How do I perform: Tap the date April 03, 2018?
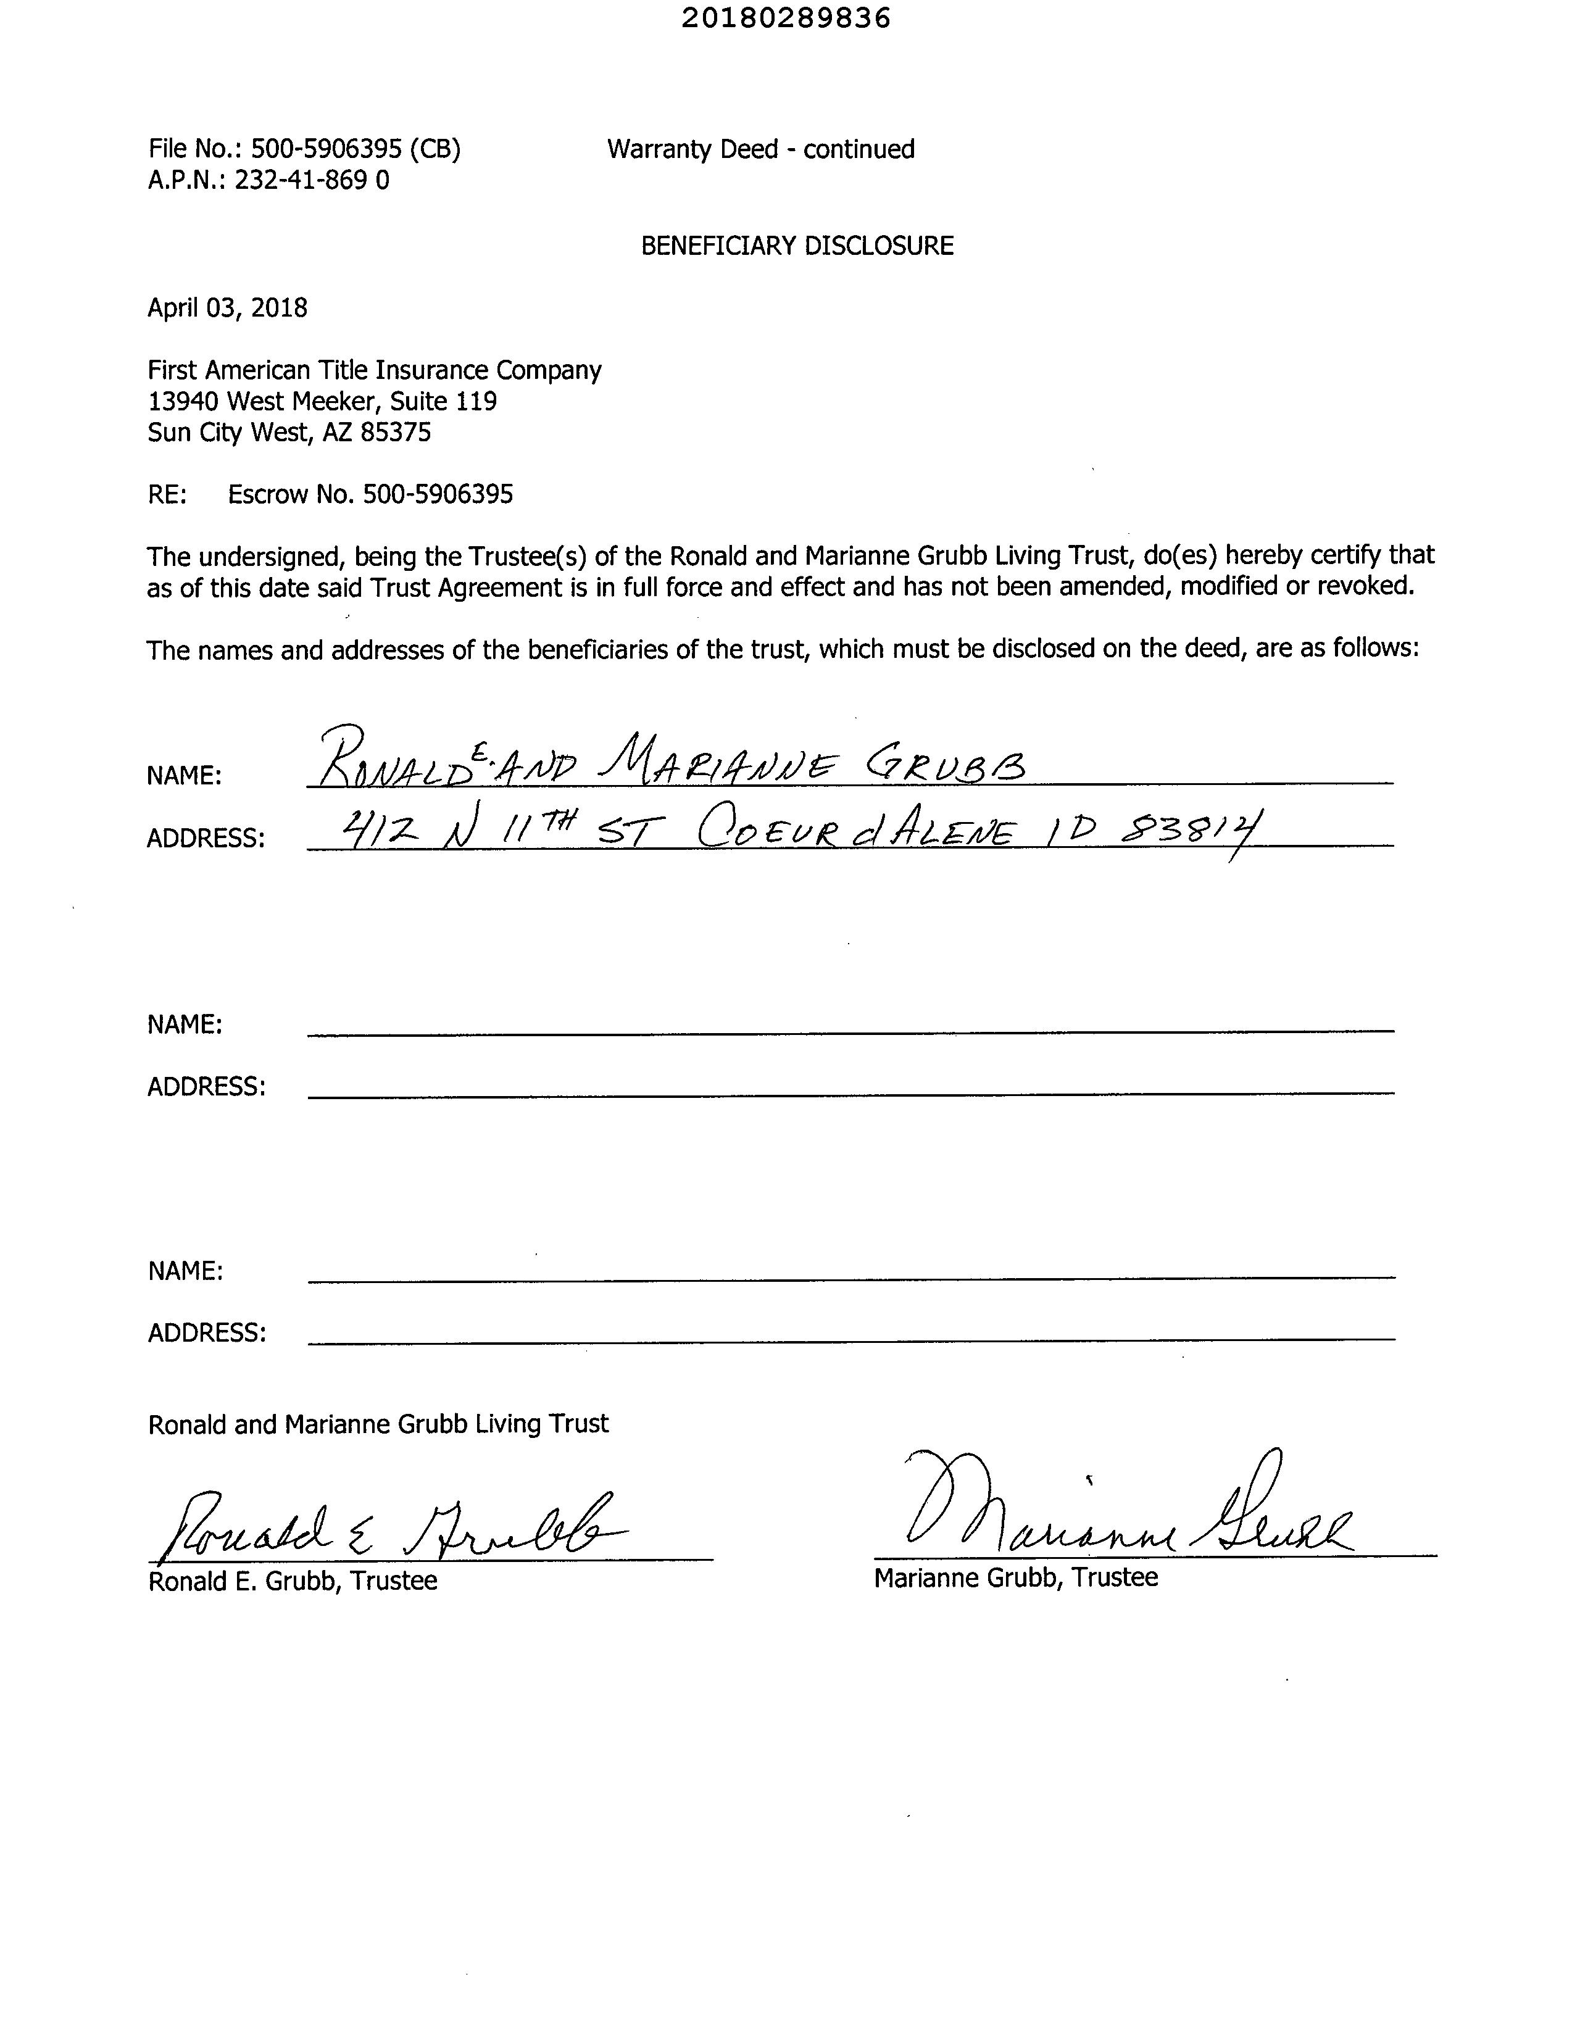pos(227,308)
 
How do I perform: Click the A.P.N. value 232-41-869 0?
pos(311,180)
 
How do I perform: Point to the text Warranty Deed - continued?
pos(760,149)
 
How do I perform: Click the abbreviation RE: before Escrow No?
pos(167,494)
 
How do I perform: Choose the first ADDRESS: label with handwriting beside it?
pos(206,837)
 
